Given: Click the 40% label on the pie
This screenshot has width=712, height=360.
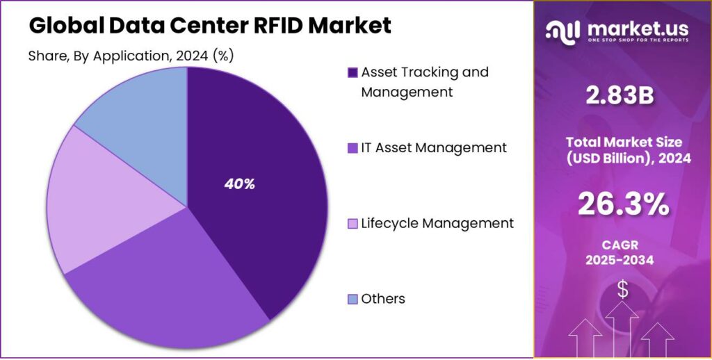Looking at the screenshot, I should pos(240,184).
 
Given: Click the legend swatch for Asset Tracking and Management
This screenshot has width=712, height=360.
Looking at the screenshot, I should pos(353,72).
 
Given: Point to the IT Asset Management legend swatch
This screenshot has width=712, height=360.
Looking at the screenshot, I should pos(353,148).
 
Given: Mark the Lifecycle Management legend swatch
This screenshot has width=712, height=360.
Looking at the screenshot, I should pos(353,224).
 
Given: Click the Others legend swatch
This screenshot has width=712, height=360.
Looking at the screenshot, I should pos(353,300).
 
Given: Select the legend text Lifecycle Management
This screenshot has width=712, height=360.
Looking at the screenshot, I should pos(437,223).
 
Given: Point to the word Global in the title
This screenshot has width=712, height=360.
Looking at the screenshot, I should pos(65,26).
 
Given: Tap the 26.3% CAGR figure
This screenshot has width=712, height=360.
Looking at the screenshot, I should pos(623,204).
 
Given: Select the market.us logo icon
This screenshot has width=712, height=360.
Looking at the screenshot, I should pos(563,30).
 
